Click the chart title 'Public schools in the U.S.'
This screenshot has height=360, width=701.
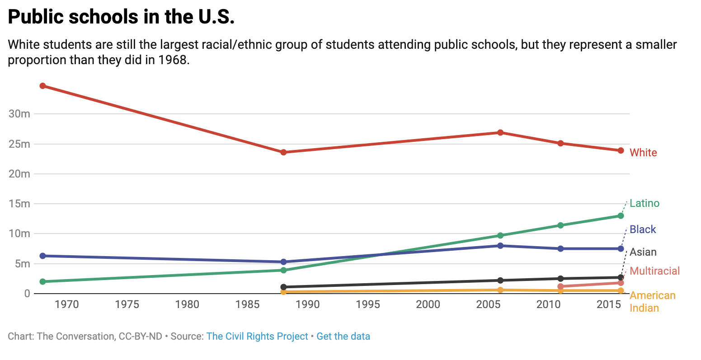(121, 17)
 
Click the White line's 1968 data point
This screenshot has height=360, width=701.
(43, 86)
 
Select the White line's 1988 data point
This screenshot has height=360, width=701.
(283, 152)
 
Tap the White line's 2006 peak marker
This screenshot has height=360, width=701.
(500, 132)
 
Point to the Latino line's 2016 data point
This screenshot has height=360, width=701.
(621, 216)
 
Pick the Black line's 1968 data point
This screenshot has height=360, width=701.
(43, 256)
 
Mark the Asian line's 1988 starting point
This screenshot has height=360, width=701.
(283, 287)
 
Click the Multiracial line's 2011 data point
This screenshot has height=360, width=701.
(560, 286)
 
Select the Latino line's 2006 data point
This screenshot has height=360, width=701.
(500, 235)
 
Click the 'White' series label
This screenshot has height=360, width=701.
(643, 153)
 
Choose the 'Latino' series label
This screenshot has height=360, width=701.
(645, 203)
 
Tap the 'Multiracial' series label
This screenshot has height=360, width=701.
(654, 271)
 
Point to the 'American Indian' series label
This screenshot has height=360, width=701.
(652, 302)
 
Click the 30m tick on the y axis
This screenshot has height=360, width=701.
(19, 114)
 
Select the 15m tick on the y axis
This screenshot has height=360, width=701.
(19, 204)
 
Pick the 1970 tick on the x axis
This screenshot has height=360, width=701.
(67, 304)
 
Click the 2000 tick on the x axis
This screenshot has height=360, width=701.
(428, 304)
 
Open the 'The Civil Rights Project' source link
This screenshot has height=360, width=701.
(257, 337)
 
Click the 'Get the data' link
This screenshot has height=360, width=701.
(343, 337)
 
